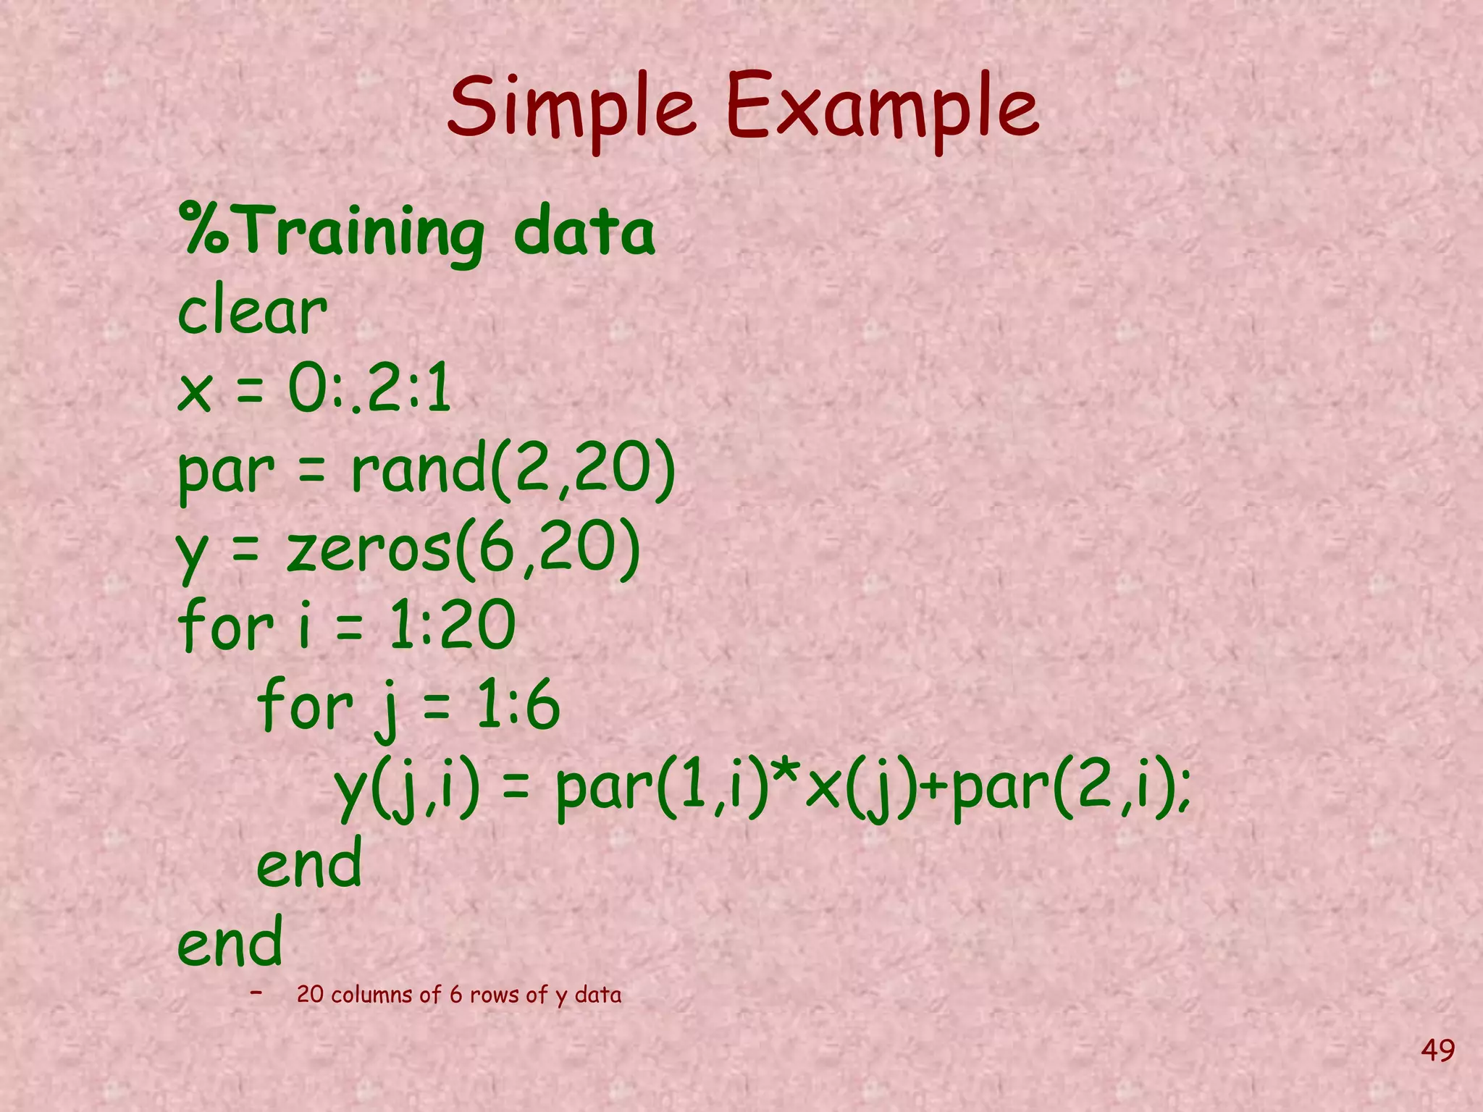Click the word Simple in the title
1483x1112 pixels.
click(571, 109)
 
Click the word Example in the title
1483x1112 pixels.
click(882, 109)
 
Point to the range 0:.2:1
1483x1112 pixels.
click(369, 389)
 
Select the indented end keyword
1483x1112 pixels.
click(308, 863)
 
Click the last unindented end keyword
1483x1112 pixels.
click(230, 942)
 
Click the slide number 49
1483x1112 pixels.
click(1437, 1050)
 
